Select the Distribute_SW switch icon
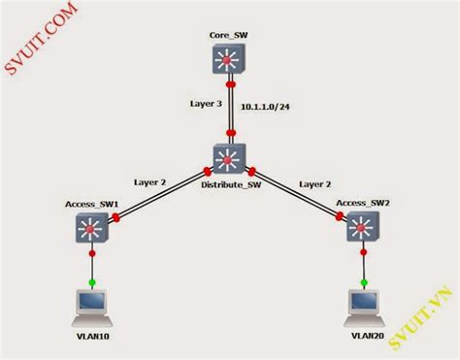click(x=230, y=158)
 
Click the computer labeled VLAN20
click(x=362, y=304)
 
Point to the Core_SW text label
click(x=230, y=36)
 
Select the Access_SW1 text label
click(x=91, y=204)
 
